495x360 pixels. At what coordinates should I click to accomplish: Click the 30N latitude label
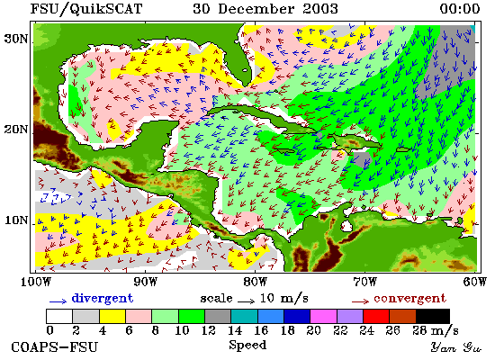(15, 39)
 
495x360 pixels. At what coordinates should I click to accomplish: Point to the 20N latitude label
(15, 130)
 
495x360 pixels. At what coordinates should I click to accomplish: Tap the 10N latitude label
(16, 220)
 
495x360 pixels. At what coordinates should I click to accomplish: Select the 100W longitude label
(36, 282)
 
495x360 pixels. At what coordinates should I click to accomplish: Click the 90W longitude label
(145, 282)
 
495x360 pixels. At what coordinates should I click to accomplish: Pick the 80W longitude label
(255, 282)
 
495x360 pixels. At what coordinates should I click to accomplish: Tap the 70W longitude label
(364, 282)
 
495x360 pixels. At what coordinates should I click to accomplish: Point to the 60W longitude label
(475, 282)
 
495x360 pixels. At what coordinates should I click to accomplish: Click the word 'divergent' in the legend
(103, 299)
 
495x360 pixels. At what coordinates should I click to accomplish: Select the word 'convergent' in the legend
(409, 299)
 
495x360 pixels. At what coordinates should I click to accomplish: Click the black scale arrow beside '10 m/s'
(246, 301)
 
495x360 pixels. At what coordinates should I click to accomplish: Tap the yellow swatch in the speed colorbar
(112, 317)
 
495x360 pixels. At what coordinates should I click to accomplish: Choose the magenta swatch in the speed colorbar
(323, 317)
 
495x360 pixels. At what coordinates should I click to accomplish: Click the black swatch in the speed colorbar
(433, 317)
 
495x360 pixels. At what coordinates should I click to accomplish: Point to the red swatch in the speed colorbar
(376, 317)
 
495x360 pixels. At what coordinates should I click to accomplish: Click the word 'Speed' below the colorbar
(247, 345)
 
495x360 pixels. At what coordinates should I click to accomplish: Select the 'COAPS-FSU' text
(55, 347)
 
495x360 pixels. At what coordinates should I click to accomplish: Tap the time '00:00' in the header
(460, 8)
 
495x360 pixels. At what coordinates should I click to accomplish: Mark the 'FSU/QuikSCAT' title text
(86, 9)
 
